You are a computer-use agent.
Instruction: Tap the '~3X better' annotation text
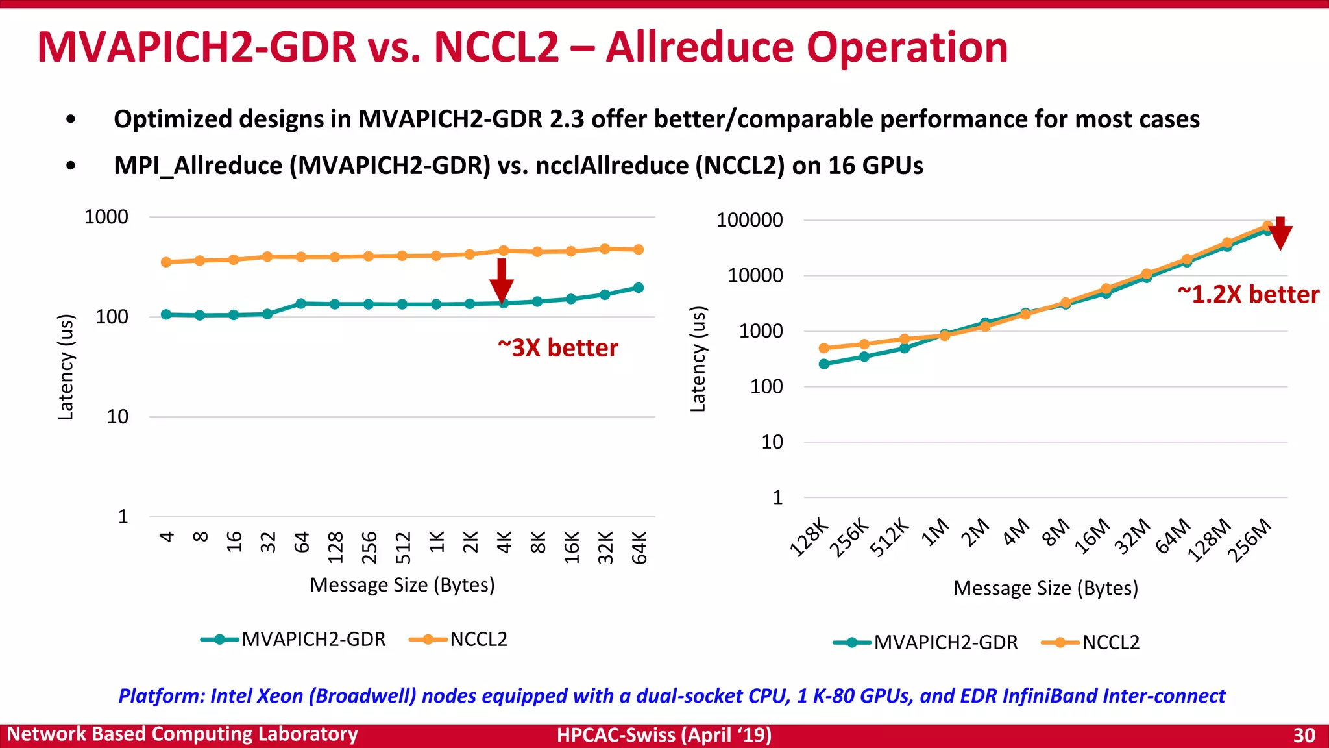pyautogui.click(x=557, y=348)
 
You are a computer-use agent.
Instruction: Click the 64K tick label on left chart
pyautogui.click(x=639, y=547)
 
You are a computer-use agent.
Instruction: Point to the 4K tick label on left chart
pyautogui.click(x=504, y=542)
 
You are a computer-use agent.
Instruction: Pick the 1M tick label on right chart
pyautogui.click(x=936, y=533)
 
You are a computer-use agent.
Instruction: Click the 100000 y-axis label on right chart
pyautogui.click(x=750, y=220)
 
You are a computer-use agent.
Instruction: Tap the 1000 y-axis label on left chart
pyautogui.click(x=106, y=217)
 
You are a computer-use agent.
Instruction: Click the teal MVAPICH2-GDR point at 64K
pyautogui.click(x=639, y=288)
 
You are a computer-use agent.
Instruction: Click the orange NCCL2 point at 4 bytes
pyautogui.click(x=166, y=262)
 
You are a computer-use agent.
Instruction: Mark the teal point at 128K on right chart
pyautogui.click(x=824, y=364)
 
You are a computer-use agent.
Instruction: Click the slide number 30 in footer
pyautogui.click(x=1304, y=735)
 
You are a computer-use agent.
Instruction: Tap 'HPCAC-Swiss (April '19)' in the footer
pyautogui.click(x=664, y=735)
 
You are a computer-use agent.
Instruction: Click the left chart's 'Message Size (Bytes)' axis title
pyautogui.click(x=402, y=585)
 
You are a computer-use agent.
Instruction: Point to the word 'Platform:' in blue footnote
pyautogui.click(x=162, y=696)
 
